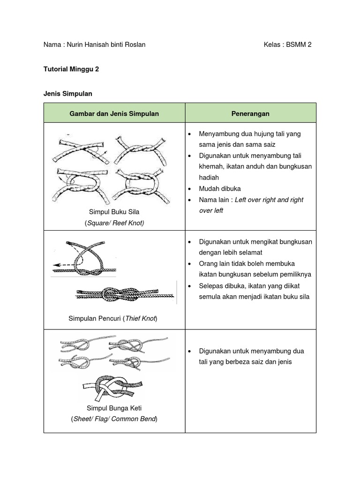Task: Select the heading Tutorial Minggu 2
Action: [71, 69]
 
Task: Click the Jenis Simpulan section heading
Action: [67, 94]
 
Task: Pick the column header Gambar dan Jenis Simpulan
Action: [114, 113]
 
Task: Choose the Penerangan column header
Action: [250, 113]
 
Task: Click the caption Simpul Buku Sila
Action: [114, 212]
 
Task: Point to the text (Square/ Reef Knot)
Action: [114, 223]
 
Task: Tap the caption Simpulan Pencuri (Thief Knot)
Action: [113, 319]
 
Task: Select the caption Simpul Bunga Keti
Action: [114, 408]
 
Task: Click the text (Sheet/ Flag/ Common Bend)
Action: [114, 419]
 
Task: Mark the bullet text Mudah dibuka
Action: [220, 188]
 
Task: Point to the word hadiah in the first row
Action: [209, 178]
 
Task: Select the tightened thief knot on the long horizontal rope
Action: [123, 295]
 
